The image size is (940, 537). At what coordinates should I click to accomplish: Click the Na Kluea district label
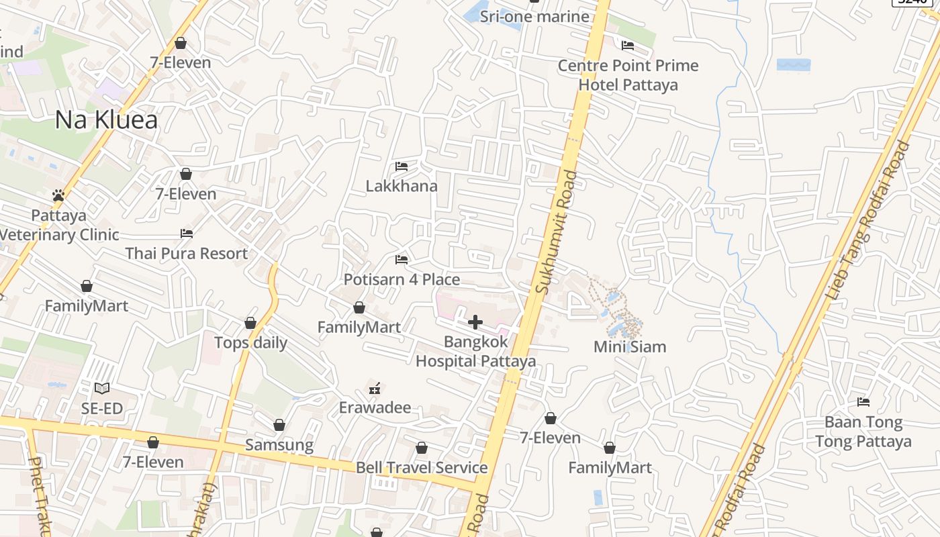(106, 120)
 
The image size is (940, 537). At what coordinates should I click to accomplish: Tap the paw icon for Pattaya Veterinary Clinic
(58, 195)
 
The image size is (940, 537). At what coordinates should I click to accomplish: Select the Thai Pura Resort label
(187, 254)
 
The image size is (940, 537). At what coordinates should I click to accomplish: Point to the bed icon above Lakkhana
(402, 166)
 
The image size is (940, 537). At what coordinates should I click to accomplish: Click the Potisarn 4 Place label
(402, 279)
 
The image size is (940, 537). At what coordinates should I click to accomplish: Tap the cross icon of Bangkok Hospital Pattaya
(475, 322)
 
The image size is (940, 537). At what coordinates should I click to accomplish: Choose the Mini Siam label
(630, 347)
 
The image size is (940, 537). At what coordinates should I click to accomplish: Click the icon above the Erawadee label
(375, 388)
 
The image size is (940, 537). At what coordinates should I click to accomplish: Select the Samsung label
(279, 445)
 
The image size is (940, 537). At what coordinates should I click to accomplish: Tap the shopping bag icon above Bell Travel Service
(422, 448)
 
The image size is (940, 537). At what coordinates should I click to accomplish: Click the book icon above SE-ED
(101, 388)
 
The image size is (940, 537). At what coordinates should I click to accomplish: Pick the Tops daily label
(250, 343)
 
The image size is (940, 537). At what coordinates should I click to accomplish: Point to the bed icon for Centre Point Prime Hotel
(628, 46)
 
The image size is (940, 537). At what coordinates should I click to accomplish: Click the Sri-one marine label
(534, 17)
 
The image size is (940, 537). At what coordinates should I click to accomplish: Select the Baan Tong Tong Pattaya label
(863, 432)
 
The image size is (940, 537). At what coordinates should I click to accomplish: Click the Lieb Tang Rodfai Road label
(870, 219)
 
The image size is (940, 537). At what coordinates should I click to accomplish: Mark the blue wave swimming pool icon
(793, 64)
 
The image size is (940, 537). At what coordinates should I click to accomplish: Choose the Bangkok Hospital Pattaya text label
(476, 351)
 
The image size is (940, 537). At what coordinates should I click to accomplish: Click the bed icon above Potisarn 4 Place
(402, 259)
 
